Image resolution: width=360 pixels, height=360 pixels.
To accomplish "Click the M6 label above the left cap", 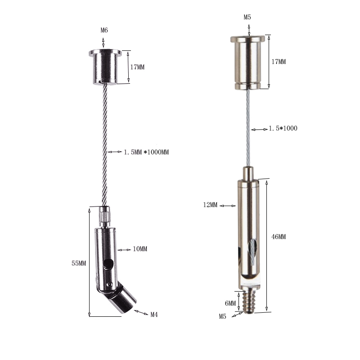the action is pyautogui.click(x=104, y=30).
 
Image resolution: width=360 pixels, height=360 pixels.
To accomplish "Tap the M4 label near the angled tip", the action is pyautogui.click(x=154, y=315).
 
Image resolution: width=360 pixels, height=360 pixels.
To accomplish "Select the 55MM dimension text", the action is pyautogui.click(x=79, y=263).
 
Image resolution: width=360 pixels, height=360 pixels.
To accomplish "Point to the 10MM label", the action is pyautogui.click(x=140, y=249).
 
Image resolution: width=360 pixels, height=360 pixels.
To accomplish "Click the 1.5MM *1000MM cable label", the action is pyautogui.click(x=146, y=152).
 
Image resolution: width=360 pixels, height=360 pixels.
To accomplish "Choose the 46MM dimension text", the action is pyautogui.click(x=279, y=237).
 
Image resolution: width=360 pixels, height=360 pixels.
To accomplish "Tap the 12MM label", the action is pyautogui.click(x=210, y=205).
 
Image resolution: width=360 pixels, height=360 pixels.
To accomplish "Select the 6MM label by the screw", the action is pyautogui.click(x=230, y=303).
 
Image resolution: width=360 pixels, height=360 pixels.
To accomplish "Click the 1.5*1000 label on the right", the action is pyautogui.click(x=283, y=128).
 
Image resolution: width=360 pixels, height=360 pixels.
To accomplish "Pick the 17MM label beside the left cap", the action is pyautogui.click(x=137, y=67).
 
